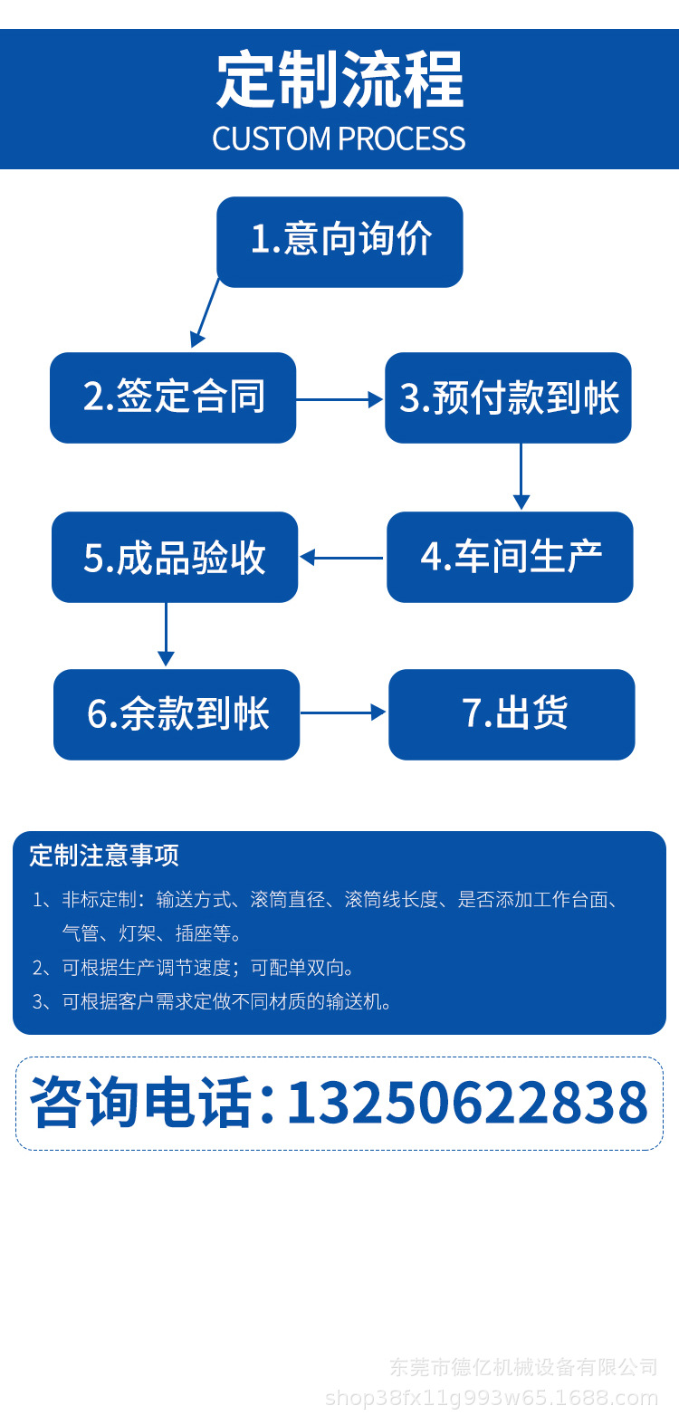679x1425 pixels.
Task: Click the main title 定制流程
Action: coord(339,80)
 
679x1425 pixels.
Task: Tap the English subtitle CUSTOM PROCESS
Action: coord(339,139)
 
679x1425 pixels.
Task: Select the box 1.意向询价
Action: coord(339,242)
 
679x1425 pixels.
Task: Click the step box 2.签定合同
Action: coord(173,397)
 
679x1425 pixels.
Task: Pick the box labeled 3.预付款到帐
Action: coord(509,397)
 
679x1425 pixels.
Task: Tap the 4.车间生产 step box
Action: coord(511,558)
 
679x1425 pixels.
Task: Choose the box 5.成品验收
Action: coord(175,558)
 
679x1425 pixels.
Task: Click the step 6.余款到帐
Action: coord(177,714)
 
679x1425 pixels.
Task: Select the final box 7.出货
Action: coord(512,714)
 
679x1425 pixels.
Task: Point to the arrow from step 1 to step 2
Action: coord(205,313)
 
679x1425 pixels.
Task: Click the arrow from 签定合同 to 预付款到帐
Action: coord(339,399)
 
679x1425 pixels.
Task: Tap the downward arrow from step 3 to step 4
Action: coord(521,477)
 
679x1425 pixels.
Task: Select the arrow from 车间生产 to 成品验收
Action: coord(341,558)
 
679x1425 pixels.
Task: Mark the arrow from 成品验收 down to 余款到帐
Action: coord(166,635)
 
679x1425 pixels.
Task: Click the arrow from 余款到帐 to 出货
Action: coord(343,712)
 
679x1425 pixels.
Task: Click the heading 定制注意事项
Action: coord(104,856)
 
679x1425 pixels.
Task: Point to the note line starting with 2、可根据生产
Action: coord(193,968)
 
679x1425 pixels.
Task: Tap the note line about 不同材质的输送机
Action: coord(212,1002)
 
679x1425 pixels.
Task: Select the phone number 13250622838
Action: coord(468,1103)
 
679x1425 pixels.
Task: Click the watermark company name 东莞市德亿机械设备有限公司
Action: coord(523,1366)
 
